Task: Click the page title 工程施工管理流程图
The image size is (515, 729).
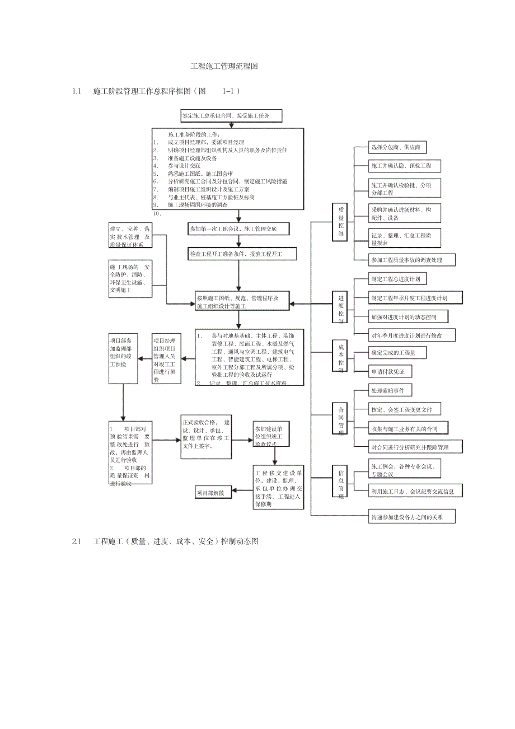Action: coord(224,66)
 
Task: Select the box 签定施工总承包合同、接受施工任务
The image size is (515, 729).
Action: coord(231,116)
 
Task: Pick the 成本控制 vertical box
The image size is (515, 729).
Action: coord(340,355)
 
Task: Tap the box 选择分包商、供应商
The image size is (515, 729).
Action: coord(397,148)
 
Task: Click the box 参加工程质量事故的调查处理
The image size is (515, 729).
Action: coord(412,260)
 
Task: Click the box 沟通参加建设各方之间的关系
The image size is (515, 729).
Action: coord(411,516)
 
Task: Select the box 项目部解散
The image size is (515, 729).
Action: coord(213,493)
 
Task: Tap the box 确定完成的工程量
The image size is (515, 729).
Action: coord(397,352)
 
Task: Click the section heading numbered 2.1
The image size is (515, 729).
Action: coord(165,541)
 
